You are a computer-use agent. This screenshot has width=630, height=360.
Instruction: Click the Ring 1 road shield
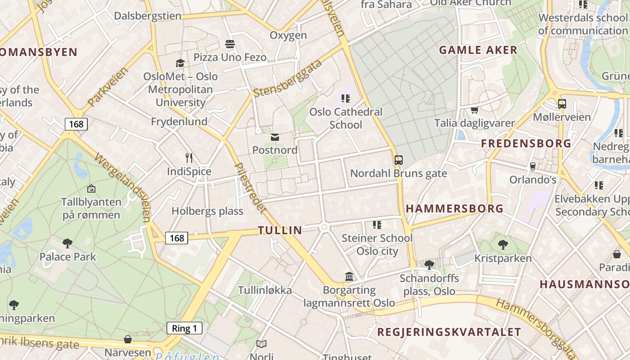184,328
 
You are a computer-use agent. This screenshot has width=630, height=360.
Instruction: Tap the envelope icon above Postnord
275,137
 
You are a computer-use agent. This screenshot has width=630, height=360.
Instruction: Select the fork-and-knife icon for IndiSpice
189,158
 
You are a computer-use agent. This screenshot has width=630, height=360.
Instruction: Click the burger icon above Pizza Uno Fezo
230,44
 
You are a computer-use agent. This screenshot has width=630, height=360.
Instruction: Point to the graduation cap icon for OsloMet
180,63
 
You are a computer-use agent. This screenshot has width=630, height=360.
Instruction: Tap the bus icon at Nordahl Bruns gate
399,160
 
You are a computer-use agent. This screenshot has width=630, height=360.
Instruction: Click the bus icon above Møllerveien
562,104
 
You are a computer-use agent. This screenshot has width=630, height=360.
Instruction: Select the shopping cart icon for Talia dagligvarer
474,110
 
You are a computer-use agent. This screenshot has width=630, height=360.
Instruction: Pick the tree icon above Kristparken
503,245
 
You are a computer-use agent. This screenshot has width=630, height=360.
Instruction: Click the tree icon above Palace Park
67,243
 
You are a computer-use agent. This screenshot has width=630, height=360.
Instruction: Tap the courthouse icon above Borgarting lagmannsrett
349,276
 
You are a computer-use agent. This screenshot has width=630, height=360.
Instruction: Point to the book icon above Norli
261,344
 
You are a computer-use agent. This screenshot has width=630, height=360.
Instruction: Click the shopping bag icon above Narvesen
128,339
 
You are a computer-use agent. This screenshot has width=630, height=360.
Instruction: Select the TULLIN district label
280,230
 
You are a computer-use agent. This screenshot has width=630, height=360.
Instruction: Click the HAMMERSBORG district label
454,208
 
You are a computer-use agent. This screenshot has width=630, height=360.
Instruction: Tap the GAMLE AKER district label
478,50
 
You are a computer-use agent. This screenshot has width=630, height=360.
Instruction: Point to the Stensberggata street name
288,78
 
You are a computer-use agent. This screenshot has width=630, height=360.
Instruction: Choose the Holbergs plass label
207,211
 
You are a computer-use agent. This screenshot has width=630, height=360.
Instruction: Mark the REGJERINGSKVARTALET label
449,333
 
